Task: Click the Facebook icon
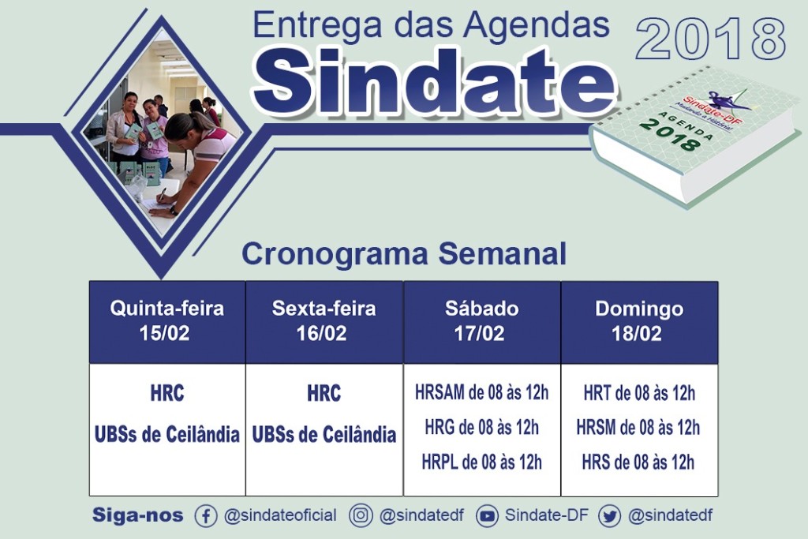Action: pos(206,516)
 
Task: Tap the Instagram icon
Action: pos(361,515)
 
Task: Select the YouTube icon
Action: pos(487,516)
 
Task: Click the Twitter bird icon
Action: pos(610,516)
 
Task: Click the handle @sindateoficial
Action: pos(280,515)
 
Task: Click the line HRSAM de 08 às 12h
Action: pos(482,393)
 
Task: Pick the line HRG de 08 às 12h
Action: pos(482,427)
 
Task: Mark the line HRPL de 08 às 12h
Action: pos(482,462)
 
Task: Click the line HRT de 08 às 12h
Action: pos(639,393)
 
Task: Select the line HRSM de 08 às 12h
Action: pos(638,427)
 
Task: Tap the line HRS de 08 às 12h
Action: pos(638,462)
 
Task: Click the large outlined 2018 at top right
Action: pos(711,39)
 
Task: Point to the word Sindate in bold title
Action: pos(434,81)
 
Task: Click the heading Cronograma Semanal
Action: pos(404,254)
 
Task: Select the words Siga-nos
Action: pos(137,515)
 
